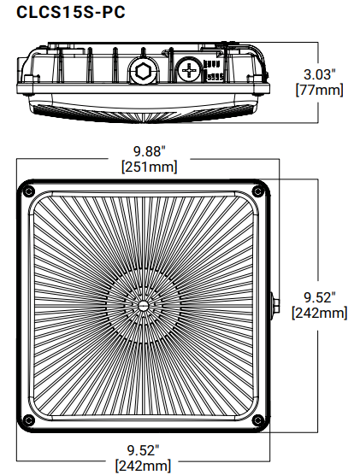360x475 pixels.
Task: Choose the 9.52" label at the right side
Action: click(319, 297)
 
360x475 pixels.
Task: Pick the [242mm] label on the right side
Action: click(319, 313)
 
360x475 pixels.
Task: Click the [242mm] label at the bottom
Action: click(143, 466)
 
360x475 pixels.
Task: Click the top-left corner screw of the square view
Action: click(29, 190)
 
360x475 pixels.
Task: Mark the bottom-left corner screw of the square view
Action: click(29, 419)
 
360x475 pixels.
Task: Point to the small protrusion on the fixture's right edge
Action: click(274, 304)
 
